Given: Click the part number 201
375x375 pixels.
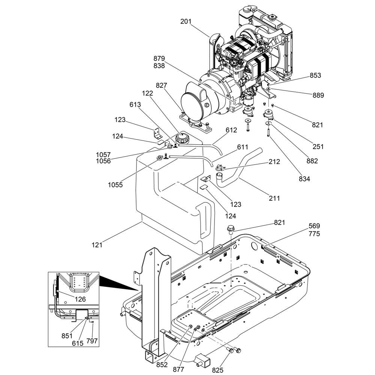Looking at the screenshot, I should tap(186, 22).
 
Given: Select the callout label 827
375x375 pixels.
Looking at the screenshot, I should tap(162, 86).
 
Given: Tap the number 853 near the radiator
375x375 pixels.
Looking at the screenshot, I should tap(315, 75).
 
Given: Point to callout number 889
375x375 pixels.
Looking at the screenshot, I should tap(318, 95).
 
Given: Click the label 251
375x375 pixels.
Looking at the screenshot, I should tap(318, 147).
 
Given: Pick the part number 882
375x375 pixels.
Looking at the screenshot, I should tap(312, 161).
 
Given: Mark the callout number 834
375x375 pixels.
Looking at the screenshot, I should tap(304, 179).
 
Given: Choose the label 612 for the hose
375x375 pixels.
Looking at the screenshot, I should tap(231, 130).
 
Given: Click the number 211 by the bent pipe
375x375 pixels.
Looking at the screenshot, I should tap(274, 198).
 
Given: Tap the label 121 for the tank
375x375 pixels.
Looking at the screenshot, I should tap(97, 245).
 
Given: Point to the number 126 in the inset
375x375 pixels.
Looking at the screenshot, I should tap(80, 299).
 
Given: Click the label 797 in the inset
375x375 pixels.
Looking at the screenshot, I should tap(92, 340).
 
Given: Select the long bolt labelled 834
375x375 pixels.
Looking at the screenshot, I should tap(268, 132).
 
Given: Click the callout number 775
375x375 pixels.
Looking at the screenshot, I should tap(314, 234).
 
